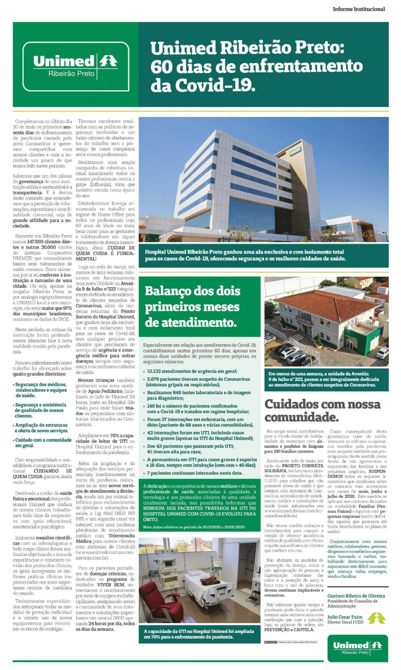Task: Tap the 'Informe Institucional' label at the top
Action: [358, 9]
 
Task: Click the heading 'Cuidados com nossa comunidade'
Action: [322, 410]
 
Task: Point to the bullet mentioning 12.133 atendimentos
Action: [192, 371]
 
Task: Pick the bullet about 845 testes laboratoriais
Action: [198, 395]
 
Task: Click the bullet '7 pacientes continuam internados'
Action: [194, 473]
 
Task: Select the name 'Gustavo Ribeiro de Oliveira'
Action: [356, 596]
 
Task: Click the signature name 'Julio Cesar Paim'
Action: [345, 617]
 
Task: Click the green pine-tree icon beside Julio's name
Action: [376, 618]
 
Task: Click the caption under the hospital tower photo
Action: [245, 255]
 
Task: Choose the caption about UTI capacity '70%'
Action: [199, 634]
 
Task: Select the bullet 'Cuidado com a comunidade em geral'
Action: [43, 443]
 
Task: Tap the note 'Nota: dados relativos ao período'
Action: [194, 527]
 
